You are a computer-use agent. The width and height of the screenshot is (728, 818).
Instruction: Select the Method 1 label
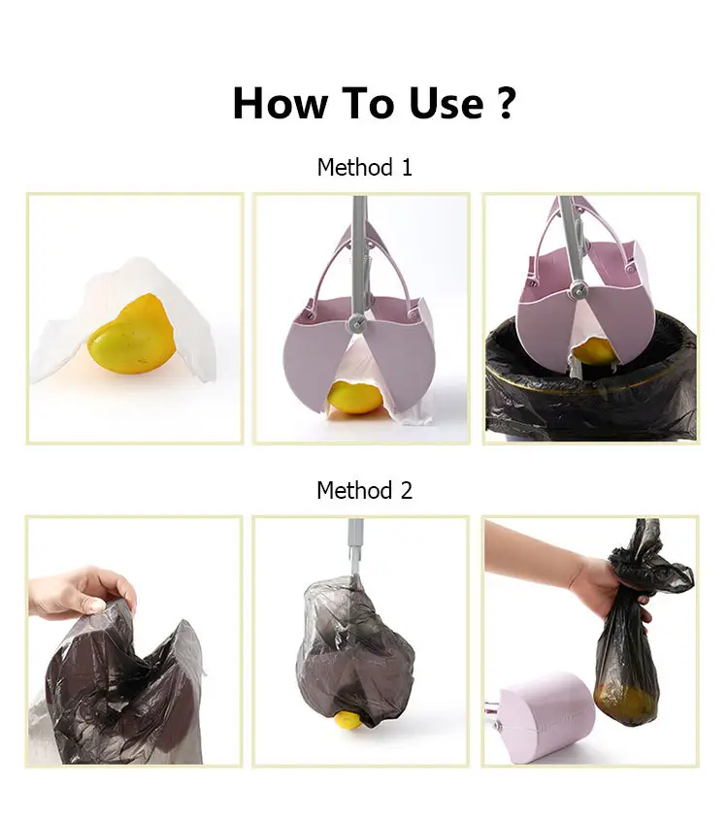364,167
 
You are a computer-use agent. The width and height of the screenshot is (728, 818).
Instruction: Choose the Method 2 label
364,490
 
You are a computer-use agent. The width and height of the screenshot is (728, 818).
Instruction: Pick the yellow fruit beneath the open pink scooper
354,398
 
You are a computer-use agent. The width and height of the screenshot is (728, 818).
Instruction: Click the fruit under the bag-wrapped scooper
347,721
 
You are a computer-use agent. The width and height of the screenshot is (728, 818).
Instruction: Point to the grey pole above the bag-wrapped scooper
355,543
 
